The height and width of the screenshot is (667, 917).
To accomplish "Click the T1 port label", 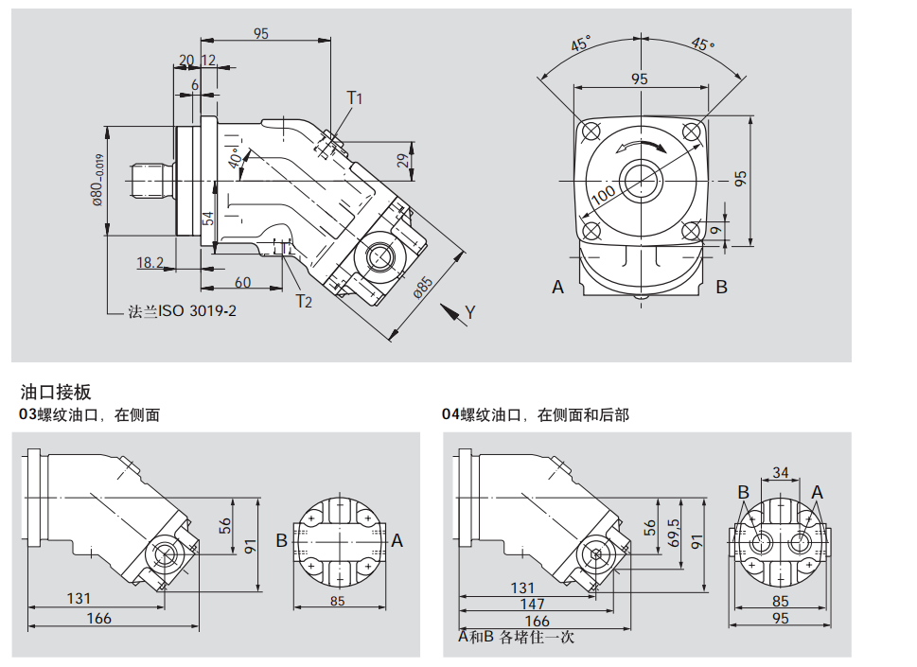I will [355, 97].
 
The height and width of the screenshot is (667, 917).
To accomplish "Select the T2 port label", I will [304, 301].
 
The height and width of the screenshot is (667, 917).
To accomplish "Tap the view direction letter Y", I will [470, 311].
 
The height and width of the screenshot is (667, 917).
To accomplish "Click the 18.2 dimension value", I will [150, 262].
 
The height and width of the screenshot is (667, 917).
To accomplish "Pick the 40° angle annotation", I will [234, 158].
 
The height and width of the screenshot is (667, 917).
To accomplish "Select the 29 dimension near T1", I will [402, 161].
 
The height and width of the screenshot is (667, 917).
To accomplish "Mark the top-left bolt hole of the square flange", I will [591, 131].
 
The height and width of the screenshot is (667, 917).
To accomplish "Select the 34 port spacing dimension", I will [781, 472].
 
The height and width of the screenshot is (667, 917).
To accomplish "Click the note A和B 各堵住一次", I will [517, 637].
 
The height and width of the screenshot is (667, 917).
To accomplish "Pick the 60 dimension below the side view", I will [242, 282].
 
